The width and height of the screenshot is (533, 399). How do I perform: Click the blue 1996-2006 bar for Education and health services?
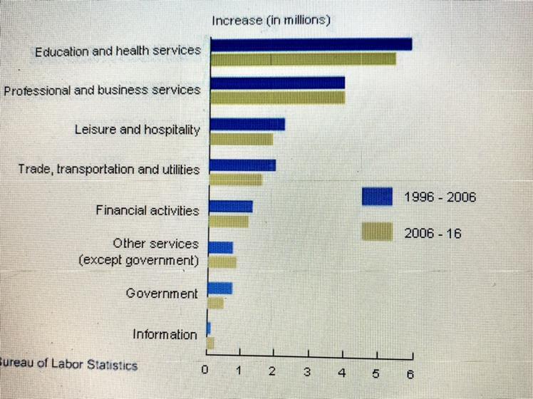click(311, 44)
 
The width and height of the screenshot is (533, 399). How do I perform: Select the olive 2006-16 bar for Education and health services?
click(303, 58)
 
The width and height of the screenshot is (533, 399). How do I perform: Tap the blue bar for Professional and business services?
click(278, 83)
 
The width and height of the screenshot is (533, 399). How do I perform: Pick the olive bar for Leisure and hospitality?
click(242, 139)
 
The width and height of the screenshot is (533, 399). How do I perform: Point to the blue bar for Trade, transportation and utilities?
click(242, 165)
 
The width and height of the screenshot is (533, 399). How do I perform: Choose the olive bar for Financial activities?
click(229, 222)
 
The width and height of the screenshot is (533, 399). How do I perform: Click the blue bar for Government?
click(219, 288)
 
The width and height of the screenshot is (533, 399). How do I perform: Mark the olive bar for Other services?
click(222, 262)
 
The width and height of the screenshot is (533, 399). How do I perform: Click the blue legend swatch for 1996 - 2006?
click(376, 196)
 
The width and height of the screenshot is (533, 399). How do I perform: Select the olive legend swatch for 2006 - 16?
click(376, 231)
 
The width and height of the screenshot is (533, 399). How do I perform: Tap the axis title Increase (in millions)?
click(271, 21)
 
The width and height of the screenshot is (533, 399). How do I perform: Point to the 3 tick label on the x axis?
click(307, 372)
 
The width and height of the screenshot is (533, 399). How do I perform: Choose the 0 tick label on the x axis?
click(205, 370)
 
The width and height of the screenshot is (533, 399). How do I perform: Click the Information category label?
click(165, 334)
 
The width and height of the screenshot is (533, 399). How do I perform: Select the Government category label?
click(162, 293)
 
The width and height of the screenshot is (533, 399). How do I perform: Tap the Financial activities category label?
click(147, 210)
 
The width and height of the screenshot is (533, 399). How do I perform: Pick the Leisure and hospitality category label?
click(137, 130)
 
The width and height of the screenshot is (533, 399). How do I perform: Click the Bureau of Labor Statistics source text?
click(69, 364)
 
